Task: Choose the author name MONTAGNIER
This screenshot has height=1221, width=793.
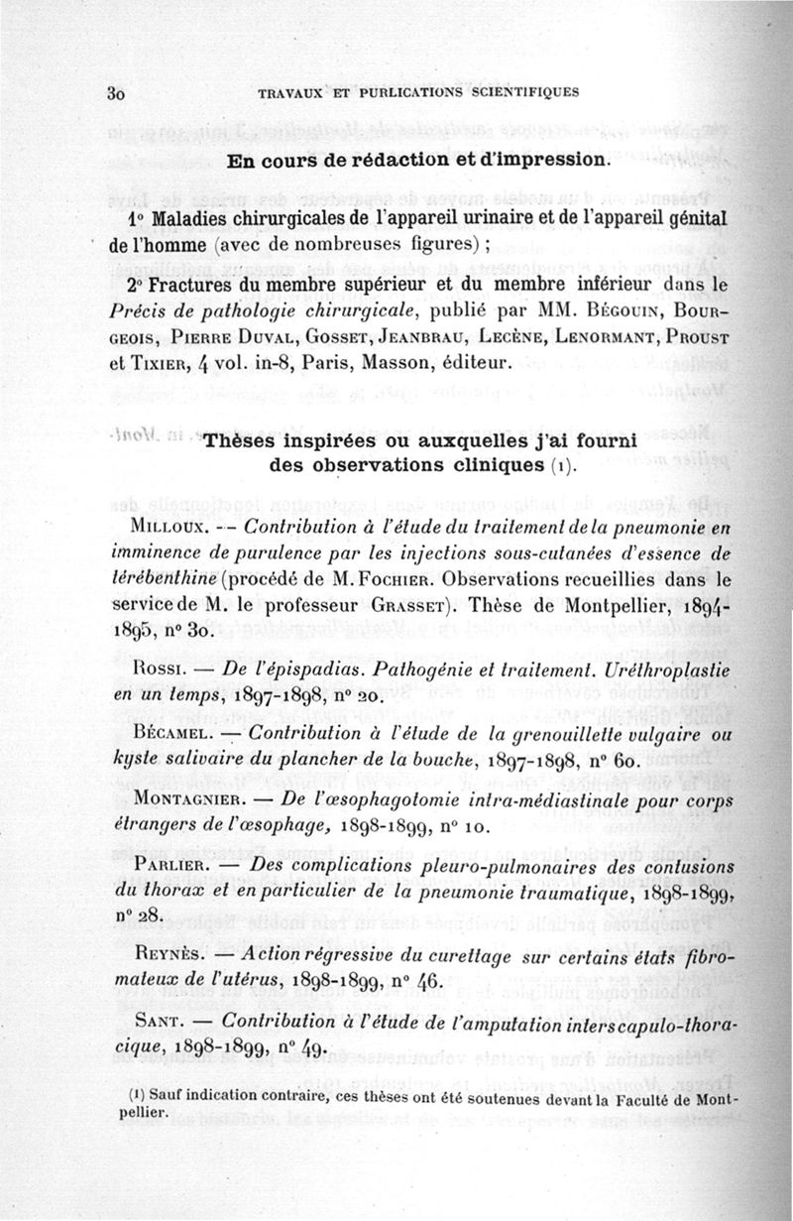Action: coord(192,799)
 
